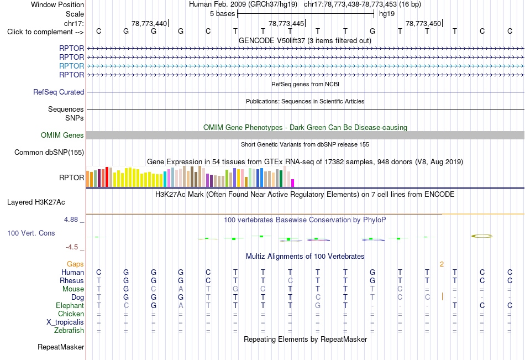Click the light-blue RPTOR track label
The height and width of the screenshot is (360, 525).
tap(71, 66)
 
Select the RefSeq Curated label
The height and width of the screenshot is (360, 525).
tap(59, 92)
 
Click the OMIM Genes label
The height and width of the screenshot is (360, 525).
tap(62, 135)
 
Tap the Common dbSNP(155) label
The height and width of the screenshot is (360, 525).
tap(49, 153)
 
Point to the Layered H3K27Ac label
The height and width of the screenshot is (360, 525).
tap(36, 202)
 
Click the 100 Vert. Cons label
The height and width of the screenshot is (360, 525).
tap(31, 233)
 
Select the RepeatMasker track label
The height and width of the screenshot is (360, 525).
tap(61, 347)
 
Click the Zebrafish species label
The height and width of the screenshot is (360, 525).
tap(69, 331)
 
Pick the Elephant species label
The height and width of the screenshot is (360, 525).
tap(70, 306)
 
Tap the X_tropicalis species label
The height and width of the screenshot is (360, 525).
tap(65, 322)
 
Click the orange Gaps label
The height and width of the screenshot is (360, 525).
tap(75, 264)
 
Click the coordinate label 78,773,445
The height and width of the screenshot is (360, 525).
tap(286, 24)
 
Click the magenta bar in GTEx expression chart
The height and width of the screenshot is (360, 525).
tap(293, 183)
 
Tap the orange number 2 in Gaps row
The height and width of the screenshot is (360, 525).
tap(442, 264)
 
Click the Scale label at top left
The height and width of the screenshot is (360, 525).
tap(75, 14)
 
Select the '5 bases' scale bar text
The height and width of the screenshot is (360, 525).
tap(222, 14)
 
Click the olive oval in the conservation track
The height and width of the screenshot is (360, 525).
tap(482, 236)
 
